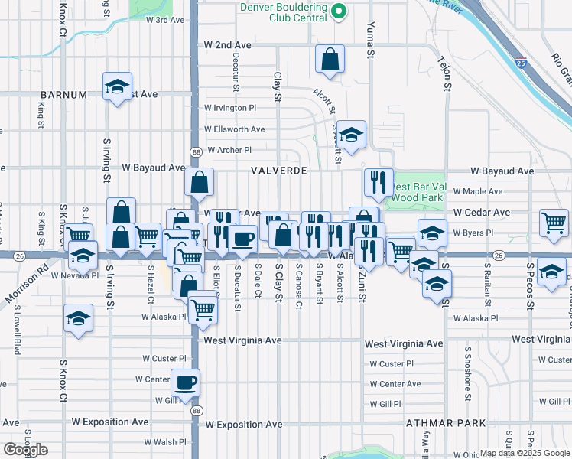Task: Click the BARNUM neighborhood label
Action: pos(65,95)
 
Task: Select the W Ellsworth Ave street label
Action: pos(234,129)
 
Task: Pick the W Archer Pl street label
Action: pos(229,150)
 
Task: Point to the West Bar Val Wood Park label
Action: pos(417,192)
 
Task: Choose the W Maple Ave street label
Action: pos(478,191)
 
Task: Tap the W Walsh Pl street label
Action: pos(164,442)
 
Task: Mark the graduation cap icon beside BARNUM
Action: pos(117,87)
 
